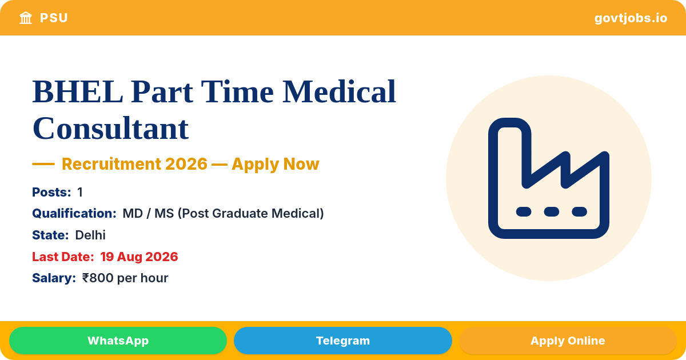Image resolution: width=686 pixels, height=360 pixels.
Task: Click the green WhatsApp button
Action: [118, 341]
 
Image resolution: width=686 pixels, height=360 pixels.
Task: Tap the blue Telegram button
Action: [342, 341]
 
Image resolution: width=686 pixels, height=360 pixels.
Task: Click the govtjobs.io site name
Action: [631, 18]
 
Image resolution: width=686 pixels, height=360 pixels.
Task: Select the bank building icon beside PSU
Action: [26, 18]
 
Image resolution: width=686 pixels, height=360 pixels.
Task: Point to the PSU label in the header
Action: [54, 18]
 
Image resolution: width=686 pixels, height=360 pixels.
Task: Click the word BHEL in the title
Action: [78, 92]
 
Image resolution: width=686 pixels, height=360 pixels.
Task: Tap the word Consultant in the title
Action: [110, 128]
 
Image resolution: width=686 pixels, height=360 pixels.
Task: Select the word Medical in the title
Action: [339, 91]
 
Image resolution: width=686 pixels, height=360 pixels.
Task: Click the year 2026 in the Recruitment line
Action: [186, 164]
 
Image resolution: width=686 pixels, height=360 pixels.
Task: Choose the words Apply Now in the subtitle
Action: [276, 164]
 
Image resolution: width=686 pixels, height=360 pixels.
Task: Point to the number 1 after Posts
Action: [80, 192]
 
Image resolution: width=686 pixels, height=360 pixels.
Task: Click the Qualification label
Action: [74, 213]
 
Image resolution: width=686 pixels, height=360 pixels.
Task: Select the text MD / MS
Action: [148, 213]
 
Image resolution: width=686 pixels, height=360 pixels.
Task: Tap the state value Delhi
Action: [90, 235]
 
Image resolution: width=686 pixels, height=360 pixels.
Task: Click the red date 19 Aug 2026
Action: [139, 257]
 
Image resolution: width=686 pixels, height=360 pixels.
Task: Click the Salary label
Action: [54, 278]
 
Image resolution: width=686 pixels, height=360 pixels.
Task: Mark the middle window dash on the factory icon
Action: [552, 211]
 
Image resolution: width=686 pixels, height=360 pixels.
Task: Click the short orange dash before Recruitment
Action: [43, 164]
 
